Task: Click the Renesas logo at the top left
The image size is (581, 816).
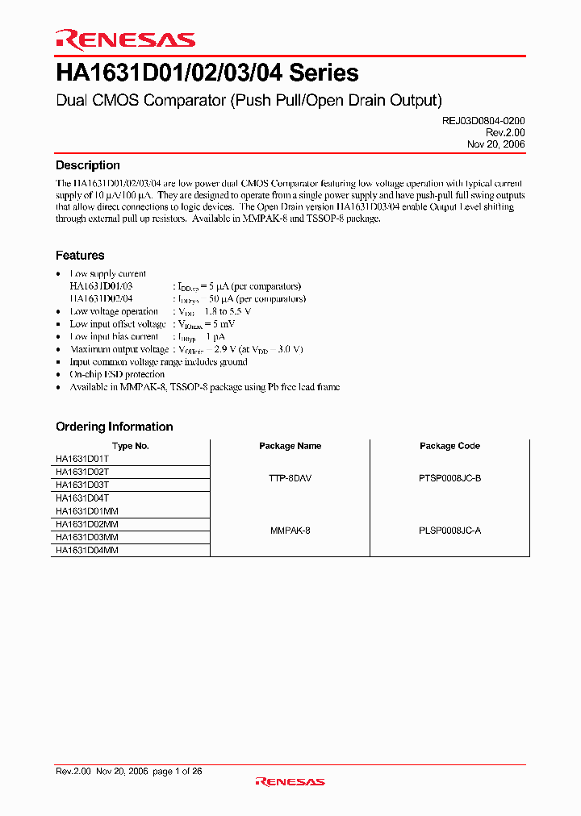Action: (125, 40)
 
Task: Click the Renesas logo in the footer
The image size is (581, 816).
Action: (290, 781)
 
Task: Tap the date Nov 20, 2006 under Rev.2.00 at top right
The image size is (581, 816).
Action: (496, 144)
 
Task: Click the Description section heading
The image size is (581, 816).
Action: (88, 165)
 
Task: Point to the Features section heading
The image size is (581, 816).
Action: (80, 256)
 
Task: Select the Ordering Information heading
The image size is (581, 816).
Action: (114, 427)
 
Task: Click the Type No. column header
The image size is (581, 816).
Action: (130, 446)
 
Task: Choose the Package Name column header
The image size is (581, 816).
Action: (290, 446)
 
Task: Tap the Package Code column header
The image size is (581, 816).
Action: (449, 446)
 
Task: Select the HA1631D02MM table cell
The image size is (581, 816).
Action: (86, 524)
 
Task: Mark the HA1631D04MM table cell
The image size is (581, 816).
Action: (86, 550)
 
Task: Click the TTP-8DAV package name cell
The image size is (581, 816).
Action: (290, 478)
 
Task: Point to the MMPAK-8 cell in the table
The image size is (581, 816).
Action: (290, 531)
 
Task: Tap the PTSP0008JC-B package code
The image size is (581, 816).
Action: (449, 478)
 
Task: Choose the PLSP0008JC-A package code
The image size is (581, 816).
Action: (449, 531)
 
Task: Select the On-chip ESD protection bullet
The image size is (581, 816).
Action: (117, 375)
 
